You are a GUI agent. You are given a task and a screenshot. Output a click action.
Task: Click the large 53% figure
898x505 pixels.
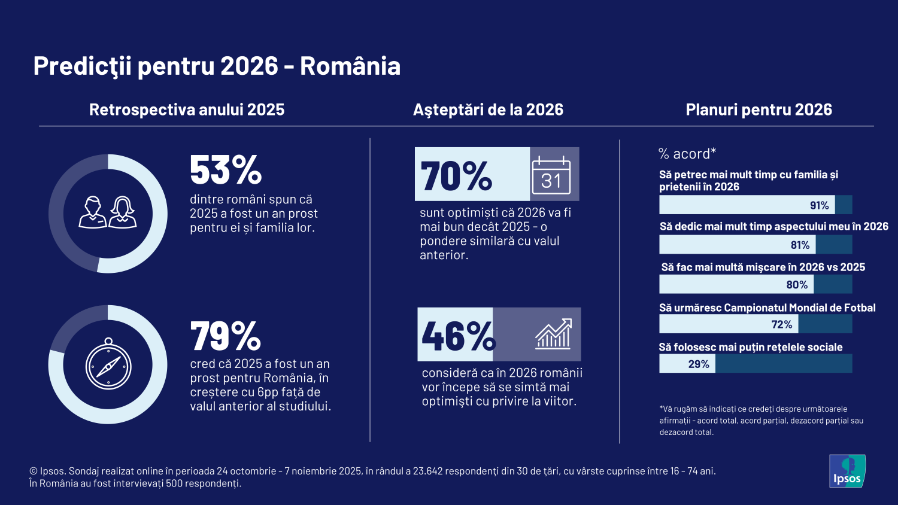226,171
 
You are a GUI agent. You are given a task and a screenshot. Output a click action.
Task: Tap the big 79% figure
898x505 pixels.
226,336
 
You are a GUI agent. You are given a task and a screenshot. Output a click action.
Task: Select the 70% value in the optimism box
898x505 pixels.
456,177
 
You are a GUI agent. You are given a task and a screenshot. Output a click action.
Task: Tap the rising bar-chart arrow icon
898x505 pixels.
553,334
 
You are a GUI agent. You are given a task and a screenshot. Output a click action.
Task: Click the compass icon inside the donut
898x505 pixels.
108,364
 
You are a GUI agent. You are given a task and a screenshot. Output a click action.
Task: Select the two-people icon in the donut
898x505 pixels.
108,212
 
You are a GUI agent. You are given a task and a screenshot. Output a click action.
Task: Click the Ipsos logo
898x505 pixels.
847,471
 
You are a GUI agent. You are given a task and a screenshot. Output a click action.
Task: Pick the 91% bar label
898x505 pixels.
819,205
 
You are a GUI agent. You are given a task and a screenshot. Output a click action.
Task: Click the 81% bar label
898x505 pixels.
800,245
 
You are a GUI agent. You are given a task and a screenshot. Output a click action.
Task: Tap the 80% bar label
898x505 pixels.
797,285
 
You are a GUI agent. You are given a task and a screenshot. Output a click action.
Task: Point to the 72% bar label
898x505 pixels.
781,324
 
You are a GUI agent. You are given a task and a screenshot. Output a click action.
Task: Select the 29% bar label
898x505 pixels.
699,364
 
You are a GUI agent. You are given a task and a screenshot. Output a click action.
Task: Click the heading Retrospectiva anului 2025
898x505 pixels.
187,109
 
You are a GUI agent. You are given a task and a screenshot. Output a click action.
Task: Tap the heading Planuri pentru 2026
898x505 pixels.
759,109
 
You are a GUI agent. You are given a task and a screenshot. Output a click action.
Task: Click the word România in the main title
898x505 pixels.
350,66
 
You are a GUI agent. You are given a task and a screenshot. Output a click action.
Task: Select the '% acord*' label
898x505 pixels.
687,154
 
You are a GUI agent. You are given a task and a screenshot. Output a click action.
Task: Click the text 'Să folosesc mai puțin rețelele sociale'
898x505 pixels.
751,347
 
